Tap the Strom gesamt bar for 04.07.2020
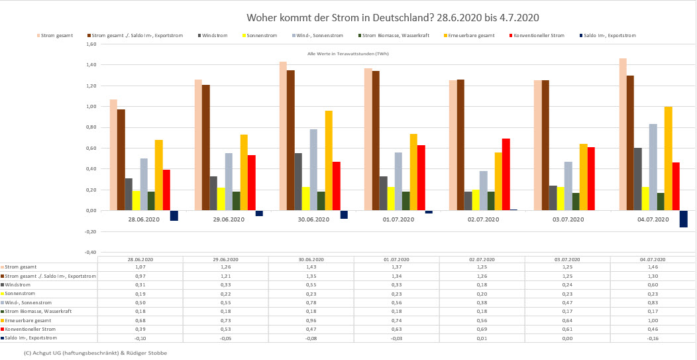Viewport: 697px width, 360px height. [x=623, y=134]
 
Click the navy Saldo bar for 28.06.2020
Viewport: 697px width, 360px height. [x=174, y=215]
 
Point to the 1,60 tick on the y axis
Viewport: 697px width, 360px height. [x=91, y=44]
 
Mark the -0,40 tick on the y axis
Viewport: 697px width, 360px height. [x=91, y=252]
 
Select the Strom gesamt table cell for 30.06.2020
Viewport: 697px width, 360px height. [x=311, y=267]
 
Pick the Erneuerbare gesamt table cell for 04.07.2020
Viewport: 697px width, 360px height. [x=653, y=320]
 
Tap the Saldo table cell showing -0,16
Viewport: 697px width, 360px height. [x=653, y=337]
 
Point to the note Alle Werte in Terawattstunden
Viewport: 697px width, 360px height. [x=348, y=54]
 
